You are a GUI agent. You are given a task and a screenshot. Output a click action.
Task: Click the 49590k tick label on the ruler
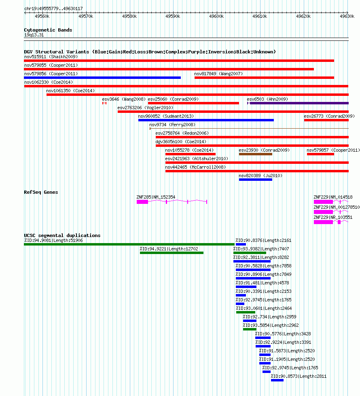(173, 17)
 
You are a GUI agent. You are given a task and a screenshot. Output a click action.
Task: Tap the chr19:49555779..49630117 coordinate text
(53, 8)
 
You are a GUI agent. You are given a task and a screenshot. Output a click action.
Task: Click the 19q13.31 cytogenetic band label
(34, 35)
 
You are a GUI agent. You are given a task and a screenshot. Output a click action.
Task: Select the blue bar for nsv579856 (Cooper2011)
(103, 78)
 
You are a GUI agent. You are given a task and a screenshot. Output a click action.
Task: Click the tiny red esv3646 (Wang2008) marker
(104, 103)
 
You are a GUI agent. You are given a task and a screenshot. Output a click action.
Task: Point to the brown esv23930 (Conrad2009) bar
(256, 154)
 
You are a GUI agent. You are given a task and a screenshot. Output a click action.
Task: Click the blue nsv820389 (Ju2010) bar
(256, 180)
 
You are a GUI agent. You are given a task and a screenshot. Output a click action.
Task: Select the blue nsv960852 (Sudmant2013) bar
(206, 120)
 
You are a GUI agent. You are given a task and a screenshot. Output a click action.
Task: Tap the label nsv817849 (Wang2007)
(218, 74)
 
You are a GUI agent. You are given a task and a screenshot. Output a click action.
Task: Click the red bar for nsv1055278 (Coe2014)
(191, 154)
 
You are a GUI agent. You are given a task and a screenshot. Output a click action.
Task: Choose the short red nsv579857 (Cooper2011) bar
(321, 154)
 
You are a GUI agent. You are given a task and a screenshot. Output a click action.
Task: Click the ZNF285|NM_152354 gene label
(156, 197)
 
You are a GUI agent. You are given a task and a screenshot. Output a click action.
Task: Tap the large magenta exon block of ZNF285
(142, 202)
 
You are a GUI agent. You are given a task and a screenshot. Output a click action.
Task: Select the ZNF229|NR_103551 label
(333, 217)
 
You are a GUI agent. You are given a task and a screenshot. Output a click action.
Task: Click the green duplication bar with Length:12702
(172, 253)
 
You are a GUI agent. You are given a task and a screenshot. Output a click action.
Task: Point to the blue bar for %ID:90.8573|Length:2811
(277, 380)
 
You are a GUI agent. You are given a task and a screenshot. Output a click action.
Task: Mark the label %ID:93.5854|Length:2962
(271, 325)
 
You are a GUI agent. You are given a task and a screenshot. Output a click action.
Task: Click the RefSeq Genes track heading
(41, 192)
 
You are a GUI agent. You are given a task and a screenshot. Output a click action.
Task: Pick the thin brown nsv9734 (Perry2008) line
(249, 129)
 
